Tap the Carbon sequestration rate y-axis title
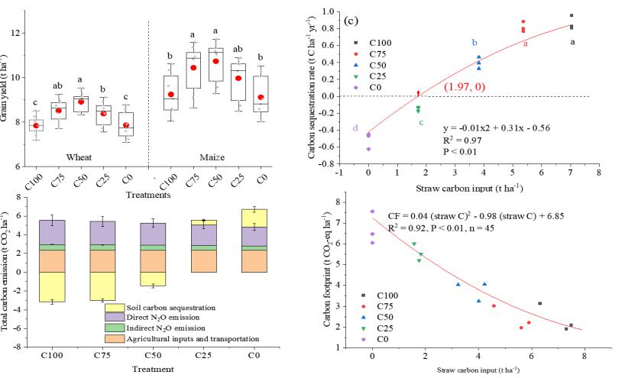(313, 89)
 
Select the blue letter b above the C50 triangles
(474, 43)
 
